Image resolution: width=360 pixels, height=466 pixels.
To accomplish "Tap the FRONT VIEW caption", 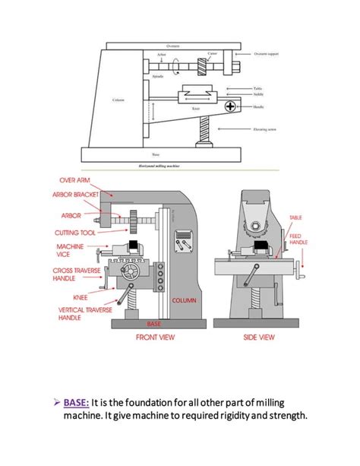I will tap(156, 336).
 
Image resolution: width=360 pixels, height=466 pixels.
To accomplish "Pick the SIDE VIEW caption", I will tap(259, 336).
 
